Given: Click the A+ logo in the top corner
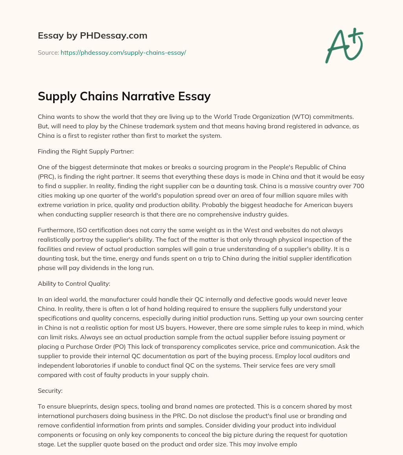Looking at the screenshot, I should (344, 45).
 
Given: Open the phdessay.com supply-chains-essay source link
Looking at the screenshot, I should (123, 52).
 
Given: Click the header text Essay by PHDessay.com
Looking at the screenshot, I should (92, 36).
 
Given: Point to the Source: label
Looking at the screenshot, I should (48, 52).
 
